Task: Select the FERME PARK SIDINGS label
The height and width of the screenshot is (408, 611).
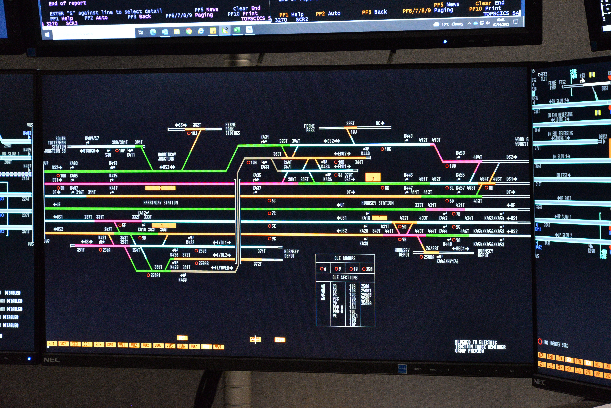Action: coord(232,129)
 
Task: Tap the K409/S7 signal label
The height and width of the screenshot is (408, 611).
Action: coord(92,138)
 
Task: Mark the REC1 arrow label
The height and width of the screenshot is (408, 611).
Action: coord(460,248)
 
